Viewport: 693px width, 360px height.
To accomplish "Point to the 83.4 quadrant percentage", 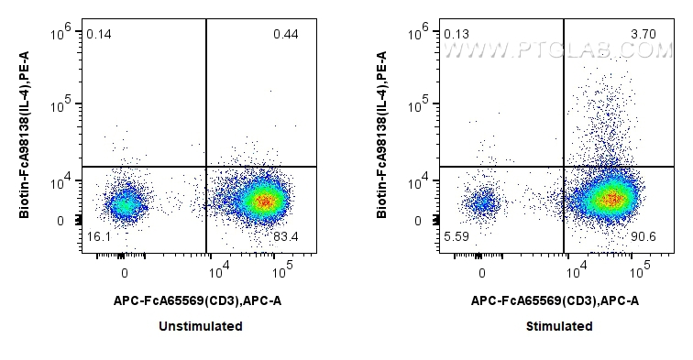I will (x=285, y=237).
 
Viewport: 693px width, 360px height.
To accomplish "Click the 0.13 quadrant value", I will (x=456, y=35).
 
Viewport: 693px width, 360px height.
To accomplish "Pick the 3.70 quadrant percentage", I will (x=643, y=35).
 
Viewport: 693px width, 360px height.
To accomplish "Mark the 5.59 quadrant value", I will (x=456, y=236).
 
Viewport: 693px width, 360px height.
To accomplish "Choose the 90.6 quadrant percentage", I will (x=643, y=237).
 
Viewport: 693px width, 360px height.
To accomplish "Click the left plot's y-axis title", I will (x=27, y=134).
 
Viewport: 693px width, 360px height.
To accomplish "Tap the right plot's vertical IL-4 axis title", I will (x=384, y=134).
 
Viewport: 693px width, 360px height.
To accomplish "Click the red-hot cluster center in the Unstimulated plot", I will (x=265, y=201).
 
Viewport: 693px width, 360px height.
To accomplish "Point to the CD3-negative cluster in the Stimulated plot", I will (x=482, y=202).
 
